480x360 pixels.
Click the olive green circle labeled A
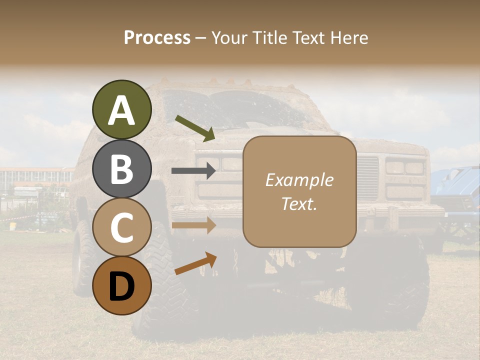[x=122, y=109]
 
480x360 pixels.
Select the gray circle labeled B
[x=122, y=168]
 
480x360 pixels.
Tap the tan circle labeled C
[x=122, y=227]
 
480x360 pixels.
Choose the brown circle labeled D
[x=122, y=285]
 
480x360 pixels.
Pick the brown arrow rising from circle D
[x=195, y=263]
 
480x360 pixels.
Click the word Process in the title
[x=157, y=37]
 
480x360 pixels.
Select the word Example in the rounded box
[x=299, y=180]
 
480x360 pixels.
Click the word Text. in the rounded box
[x=299, y=203]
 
